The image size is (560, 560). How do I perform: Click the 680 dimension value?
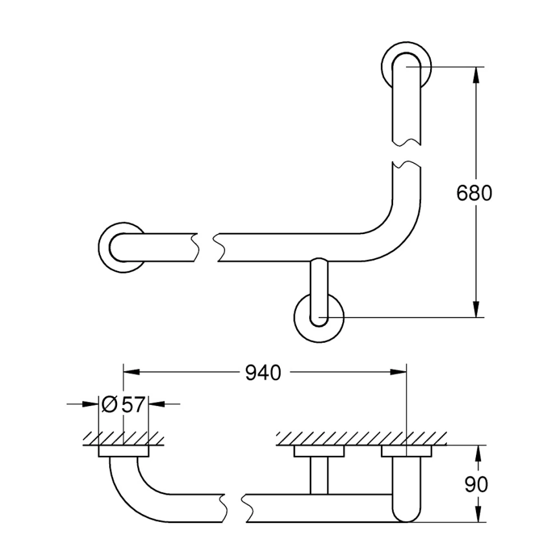pyautogui.click(x=474, y=193)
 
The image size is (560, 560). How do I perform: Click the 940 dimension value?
pyautogui.click(x=263, y=373)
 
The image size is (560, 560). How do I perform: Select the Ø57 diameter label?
pyautogui.click(x=123, y=405)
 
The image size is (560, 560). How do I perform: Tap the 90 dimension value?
pyautogui.click(x=476, y=484)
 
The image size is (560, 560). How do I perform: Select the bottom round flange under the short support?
pyautogui.click(x=319, y=318)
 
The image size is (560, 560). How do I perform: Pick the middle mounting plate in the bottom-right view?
pyautogui.click(x=319, y=451)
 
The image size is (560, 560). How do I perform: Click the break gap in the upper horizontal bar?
pyautogui.click(x=206, y=247)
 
